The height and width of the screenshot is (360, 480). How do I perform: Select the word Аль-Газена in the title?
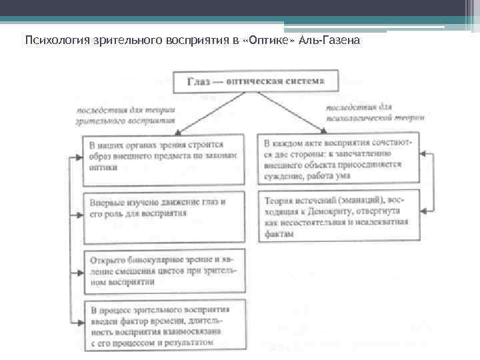(x=331, y=41)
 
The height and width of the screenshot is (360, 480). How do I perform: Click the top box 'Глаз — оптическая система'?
(x=256, y=82)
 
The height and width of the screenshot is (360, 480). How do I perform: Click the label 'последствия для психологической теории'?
(x=367, y=111)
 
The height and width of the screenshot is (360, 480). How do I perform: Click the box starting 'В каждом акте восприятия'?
(x=338, y=159)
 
